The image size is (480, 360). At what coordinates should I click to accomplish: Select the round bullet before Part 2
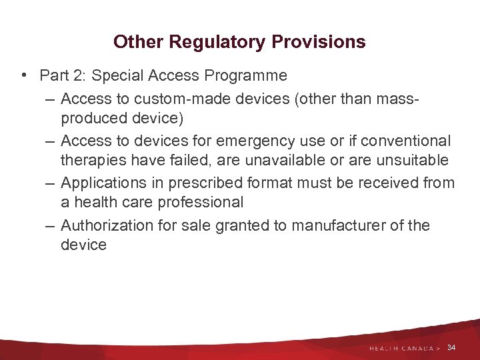(24, 76)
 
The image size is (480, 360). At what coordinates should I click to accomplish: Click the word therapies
(91, 160)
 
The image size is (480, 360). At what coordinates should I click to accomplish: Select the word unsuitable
(412, 160)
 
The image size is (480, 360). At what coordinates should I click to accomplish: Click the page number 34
(451, 347)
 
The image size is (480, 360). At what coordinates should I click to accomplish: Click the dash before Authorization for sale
(51, 225)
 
